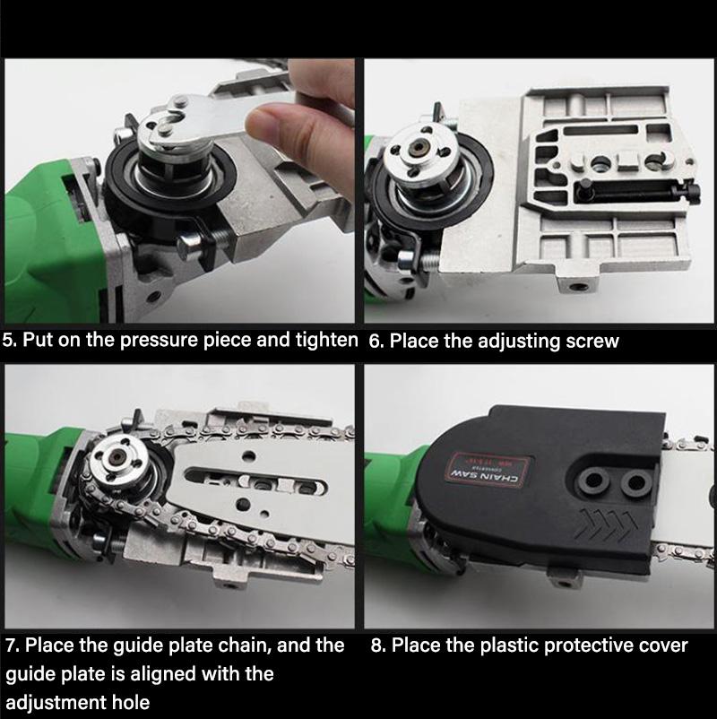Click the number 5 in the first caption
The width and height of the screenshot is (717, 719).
(x=9, y=341)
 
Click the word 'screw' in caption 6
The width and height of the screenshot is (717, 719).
(x=592, y=342)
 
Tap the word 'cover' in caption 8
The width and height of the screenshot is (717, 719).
(x=661, y=645)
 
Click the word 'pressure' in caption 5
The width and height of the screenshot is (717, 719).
(x=165, y=342)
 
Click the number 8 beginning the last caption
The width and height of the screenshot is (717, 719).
(x=376, y=645)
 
